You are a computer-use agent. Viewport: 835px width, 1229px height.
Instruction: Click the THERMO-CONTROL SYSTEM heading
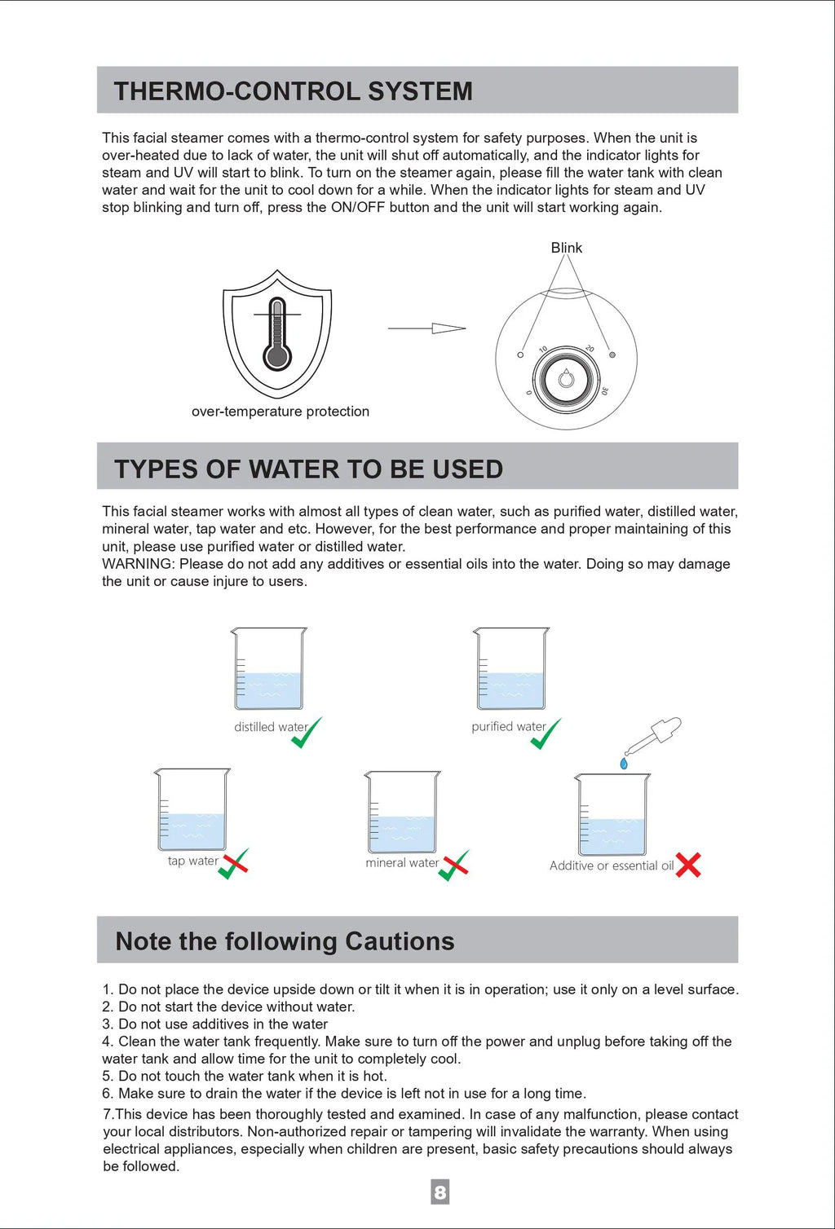click(293, 91)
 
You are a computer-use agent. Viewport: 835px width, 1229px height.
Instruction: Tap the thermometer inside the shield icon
click(277, 335)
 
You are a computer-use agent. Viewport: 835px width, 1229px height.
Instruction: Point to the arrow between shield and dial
click(426, 328)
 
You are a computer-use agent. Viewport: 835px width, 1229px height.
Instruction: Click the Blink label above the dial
click(566, 248)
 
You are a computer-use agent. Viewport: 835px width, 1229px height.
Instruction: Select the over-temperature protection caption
click(281, 412)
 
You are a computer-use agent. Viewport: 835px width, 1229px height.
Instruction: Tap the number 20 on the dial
click(590, 349)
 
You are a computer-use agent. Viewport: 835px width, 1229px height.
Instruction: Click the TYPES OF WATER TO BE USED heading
click(308, 469)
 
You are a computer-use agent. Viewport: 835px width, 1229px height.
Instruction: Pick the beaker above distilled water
click(268, 669)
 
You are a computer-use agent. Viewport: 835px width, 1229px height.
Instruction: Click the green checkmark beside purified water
click(546, 733)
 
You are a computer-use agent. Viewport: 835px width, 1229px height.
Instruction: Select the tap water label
click(192, 861)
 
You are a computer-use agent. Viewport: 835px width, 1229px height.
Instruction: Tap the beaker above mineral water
click(402, 813)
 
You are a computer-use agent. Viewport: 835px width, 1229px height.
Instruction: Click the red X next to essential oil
click(688, 865)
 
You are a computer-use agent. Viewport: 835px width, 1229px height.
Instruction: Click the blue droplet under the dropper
click(624, 764)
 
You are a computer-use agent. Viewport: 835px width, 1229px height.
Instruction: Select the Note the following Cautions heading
click(285, 941)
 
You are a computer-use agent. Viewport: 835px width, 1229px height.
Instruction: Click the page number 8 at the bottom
click(440, 1192)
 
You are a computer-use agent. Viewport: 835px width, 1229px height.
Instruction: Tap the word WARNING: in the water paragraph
click(138, 564)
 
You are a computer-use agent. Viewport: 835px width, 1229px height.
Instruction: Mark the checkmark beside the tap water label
click(233, 864)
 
